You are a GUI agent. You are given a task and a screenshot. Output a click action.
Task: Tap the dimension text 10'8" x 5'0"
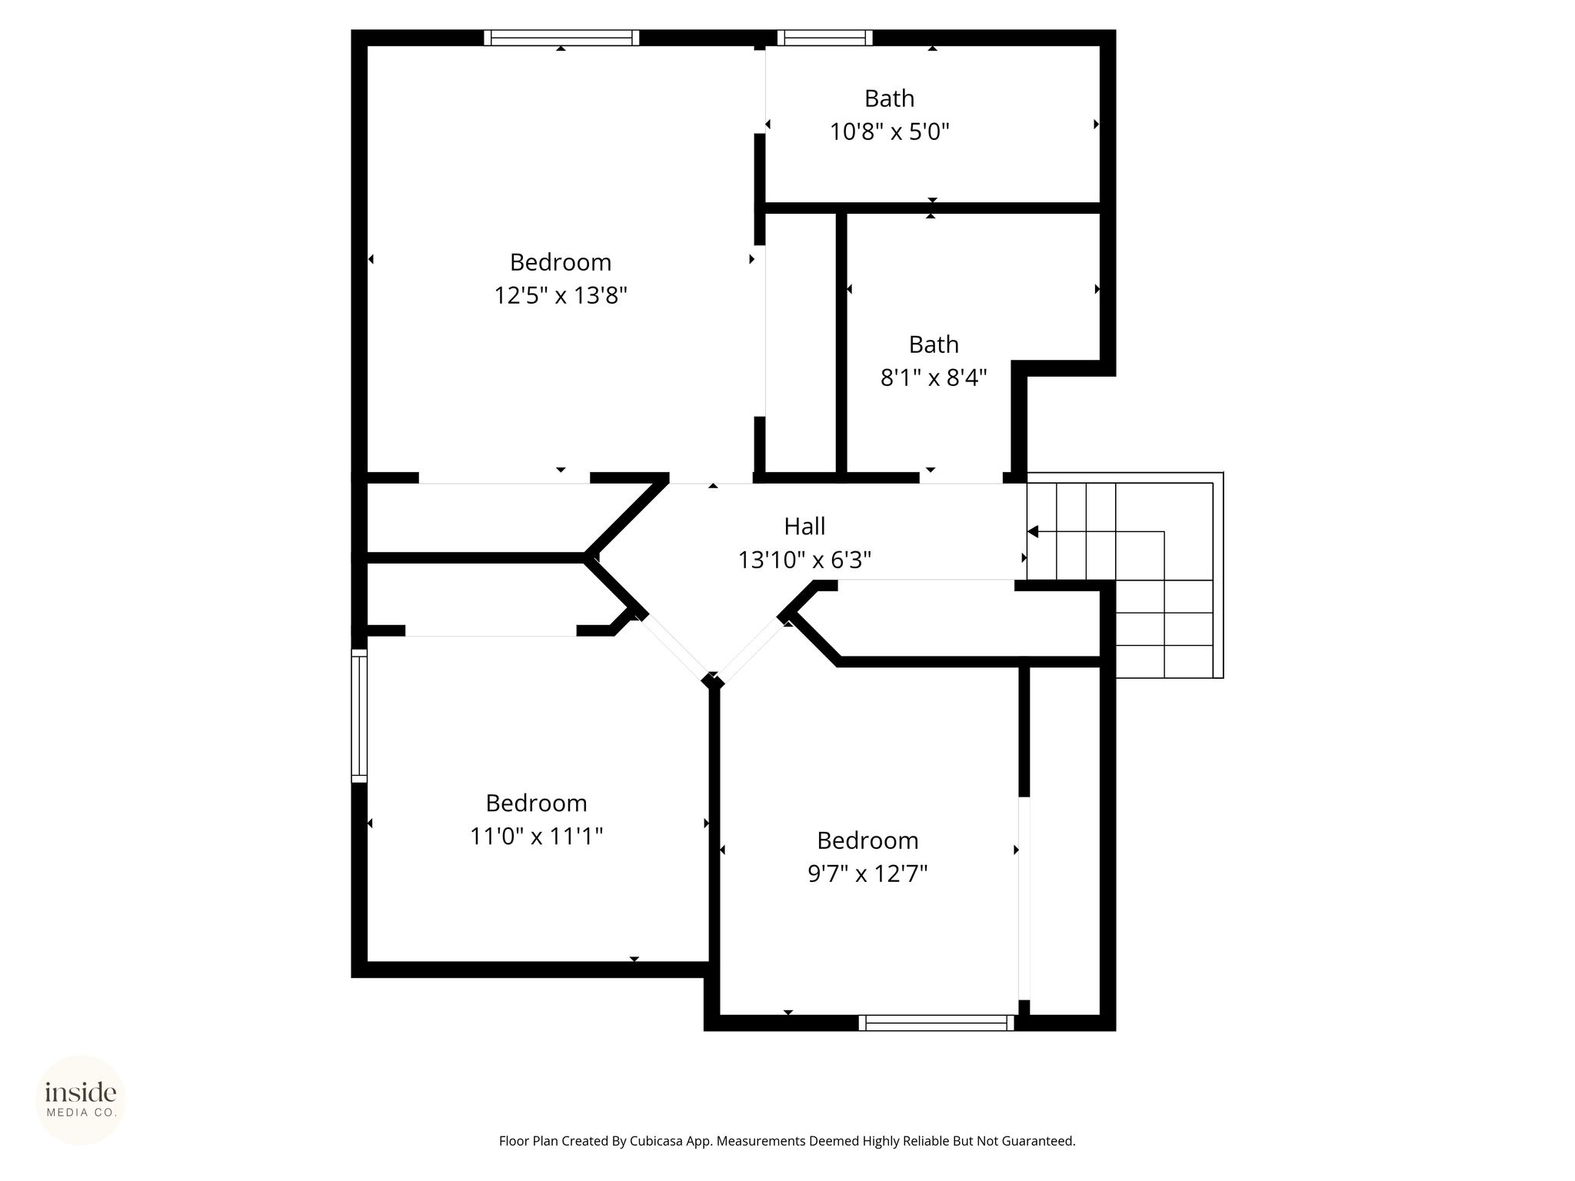889,132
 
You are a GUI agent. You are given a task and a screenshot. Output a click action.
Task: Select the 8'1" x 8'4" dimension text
934,378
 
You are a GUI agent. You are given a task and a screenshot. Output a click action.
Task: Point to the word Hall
804,527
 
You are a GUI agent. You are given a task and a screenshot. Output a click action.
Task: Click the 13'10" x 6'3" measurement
804,561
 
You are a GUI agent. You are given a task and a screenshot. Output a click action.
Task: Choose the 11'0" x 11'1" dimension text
536,837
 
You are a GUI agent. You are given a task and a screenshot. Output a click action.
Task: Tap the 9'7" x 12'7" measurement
867,874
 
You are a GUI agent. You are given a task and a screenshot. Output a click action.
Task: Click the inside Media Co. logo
81,1099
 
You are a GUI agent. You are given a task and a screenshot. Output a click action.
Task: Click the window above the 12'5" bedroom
561,38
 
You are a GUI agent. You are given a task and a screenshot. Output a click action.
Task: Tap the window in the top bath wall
824,38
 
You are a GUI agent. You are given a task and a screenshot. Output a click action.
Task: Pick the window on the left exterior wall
359,716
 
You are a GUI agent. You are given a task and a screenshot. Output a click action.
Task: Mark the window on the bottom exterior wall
937,1023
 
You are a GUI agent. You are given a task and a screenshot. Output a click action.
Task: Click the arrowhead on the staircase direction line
1033,531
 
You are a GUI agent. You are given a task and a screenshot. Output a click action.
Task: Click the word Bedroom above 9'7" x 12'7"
867,840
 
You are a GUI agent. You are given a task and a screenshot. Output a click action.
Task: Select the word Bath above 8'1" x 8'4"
934,344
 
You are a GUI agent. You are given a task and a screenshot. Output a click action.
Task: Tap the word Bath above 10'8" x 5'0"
889,98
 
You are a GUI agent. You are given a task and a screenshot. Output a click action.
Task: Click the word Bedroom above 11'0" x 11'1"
536,803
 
